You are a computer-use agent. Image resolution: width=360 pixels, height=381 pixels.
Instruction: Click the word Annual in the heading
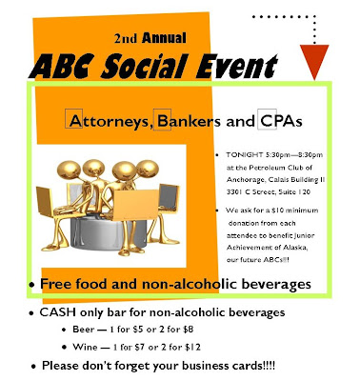point(164,38)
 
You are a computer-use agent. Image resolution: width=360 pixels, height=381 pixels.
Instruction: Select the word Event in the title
point(236,67)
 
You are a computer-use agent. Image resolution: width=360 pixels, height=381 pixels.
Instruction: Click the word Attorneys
point(110,121)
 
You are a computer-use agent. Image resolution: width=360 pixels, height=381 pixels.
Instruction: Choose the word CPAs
point(281,121)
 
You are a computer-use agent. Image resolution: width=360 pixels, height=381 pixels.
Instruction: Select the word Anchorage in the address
point(245,180)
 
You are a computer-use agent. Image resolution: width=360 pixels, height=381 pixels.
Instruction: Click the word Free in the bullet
point(55,284)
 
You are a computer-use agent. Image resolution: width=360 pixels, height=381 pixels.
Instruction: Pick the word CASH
point(57,312)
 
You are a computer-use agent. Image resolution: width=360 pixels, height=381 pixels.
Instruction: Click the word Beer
point(84,330)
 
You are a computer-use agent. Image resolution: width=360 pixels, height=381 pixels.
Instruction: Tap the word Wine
point(85,347)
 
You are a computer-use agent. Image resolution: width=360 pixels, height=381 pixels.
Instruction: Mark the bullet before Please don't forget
point(34,367)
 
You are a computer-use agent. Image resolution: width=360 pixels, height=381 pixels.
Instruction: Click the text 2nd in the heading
point(126,39)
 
